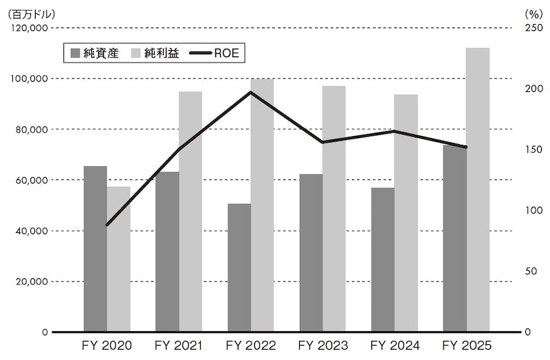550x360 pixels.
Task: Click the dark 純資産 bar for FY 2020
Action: point(95,249)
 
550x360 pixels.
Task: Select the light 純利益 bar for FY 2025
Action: point(478,190)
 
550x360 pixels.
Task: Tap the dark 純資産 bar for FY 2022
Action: point(239,268)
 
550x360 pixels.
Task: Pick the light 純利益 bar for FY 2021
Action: point(190,212)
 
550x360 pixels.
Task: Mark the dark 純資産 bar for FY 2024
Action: point(382,260)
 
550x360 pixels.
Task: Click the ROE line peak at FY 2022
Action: point(251,92)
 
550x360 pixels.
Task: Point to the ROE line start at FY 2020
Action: point(107,225)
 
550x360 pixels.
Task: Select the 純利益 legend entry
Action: point(155,53)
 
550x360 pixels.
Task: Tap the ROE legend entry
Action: point(214,53)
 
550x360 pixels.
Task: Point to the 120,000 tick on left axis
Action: point(28,28)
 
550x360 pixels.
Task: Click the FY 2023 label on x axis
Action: point(322,345)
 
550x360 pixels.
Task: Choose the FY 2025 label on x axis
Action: point(466,345)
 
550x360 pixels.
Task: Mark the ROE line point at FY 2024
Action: point(395,131)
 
